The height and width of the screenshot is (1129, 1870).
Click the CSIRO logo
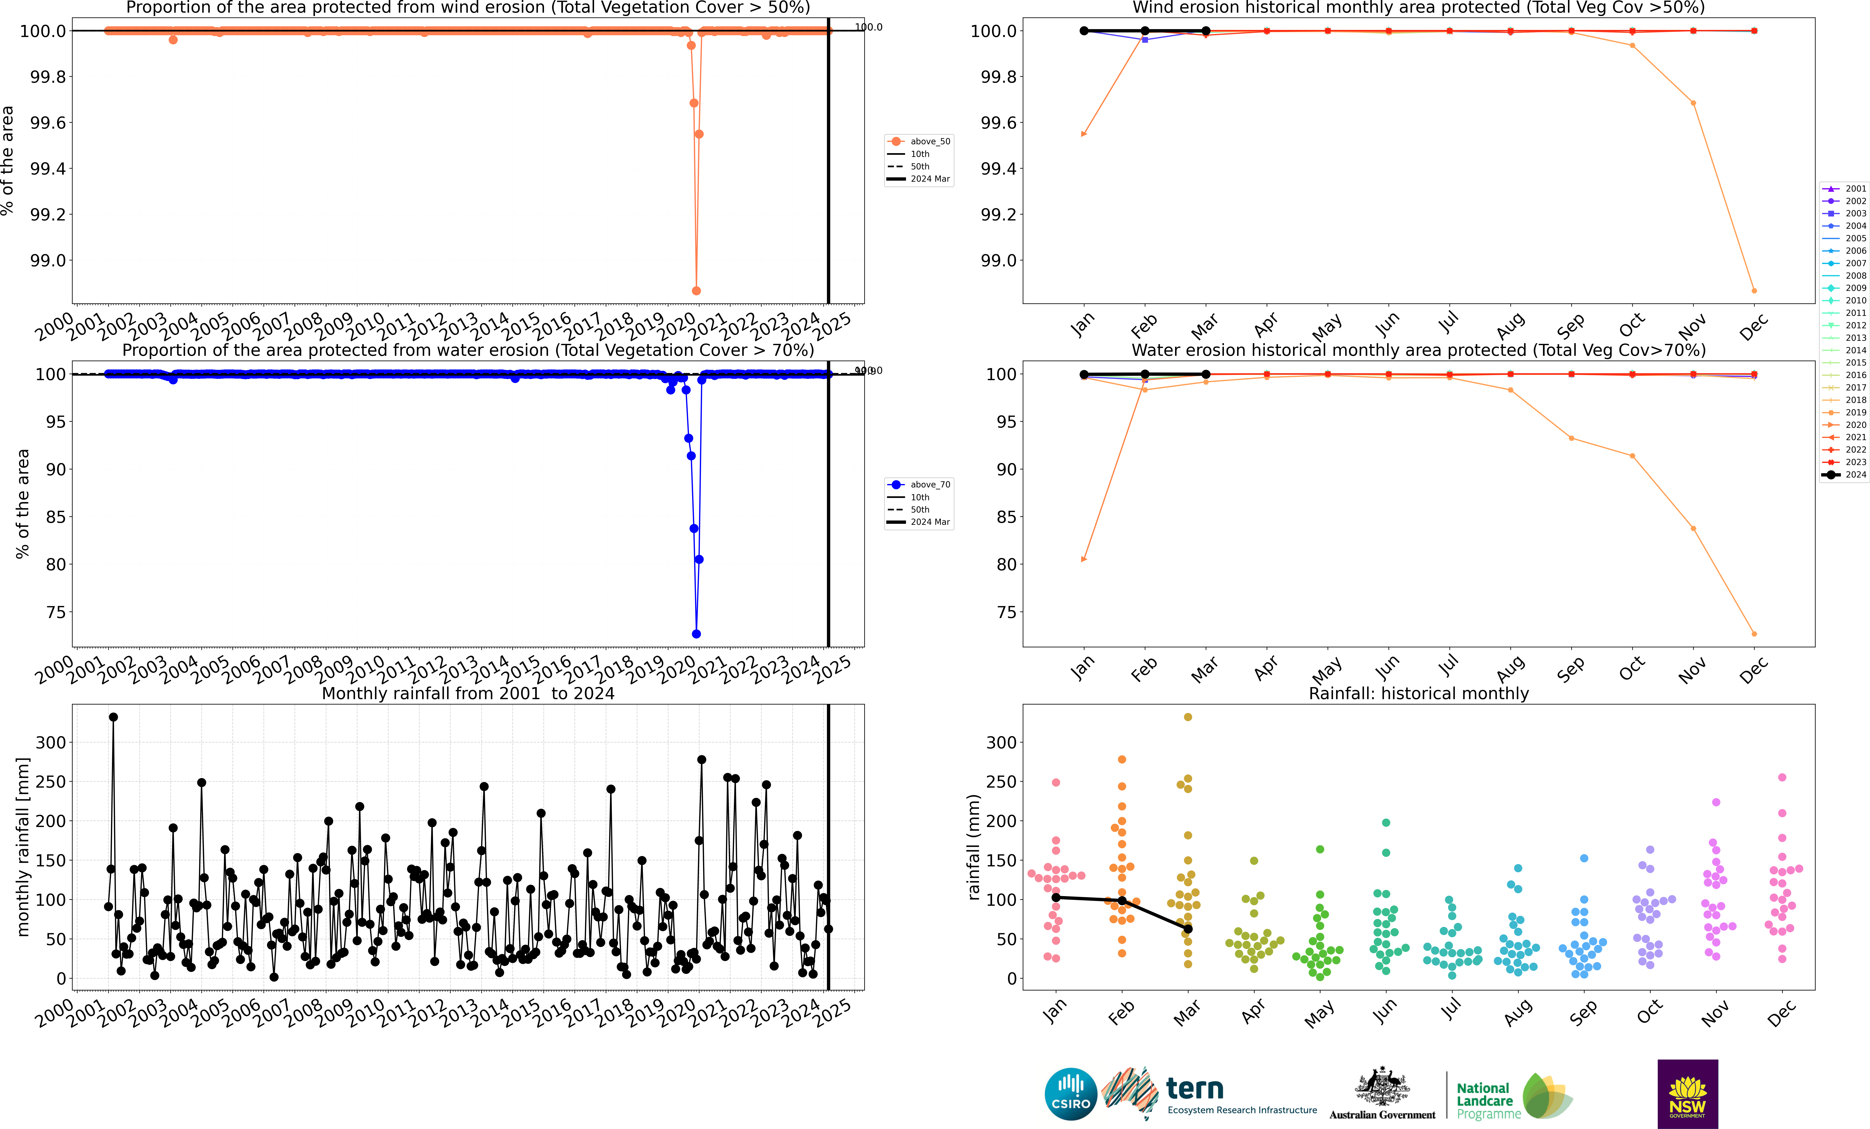coord(1070,1094)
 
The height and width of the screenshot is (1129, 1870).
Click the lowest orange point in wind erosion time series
coord(696,291)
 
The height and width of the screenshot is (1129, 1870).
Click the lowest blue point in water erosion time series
coord(696,634)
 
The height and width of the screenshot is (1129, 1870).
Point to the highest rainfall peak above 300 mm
coord(113,717)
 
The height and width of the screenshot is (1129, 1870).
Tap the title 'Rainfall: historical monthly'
coord(1418,693)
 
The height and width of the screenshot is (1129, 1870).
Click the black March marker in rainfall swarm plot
coord(1188,929)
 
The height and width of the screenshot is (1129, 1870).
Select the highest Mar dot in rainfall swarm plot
coord(1188,717)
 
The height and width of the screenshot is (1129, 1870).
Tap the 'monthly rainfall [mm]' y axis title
coord(23,847)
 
